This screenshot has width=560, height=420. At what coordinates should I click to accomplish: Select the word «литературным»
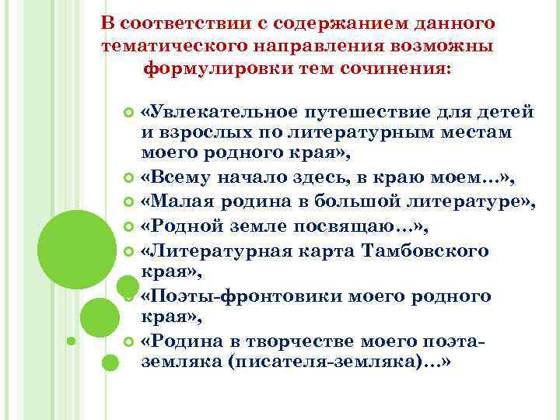[367, 132]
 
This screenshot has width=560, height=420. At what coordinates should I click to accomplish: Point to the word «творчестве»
[294, 341]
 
